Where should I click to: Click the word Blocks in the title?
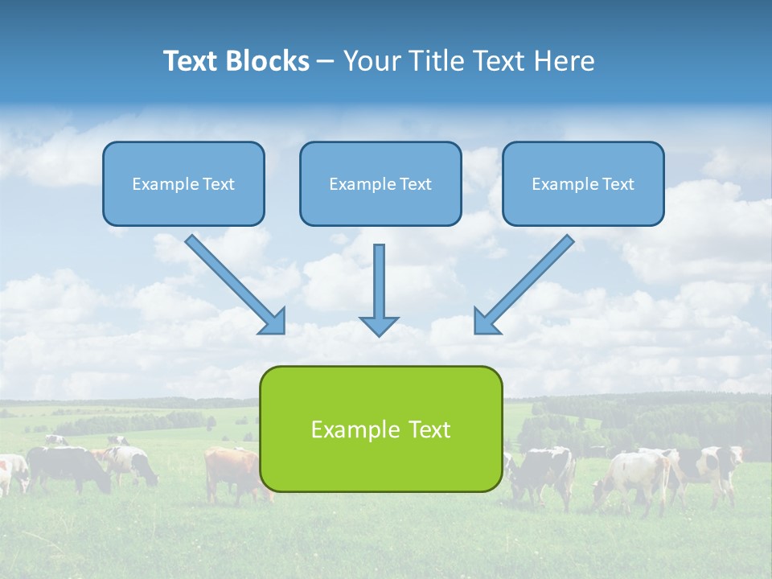[269, 61]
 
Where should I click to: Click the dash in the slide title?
[326, 62]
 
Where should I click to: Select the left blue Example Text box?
[183, 183]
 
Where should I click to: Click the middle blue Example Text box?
[380, 183]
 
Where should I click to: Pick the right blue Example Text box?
[583, 183]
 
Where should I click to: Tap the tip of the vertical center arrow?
[379, 333]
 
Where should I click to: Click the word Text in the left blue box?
[218, 184]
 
